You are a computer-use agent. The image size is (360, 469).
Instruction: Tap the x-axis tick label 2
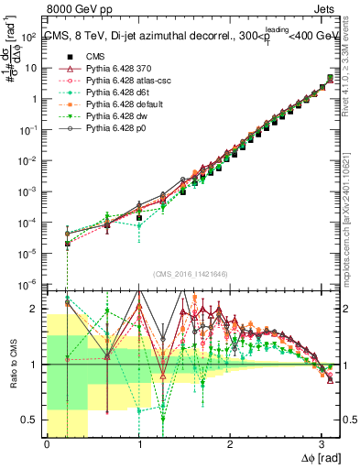pyautogui.click(x=230, y=446)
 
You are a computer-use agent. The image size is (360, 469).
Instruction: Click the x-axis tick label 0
pyautogui.click(x=46, y=446)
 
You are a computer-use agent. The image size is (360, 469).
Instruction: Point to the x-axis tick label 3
pyautogui.click(x=322, y=446)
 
